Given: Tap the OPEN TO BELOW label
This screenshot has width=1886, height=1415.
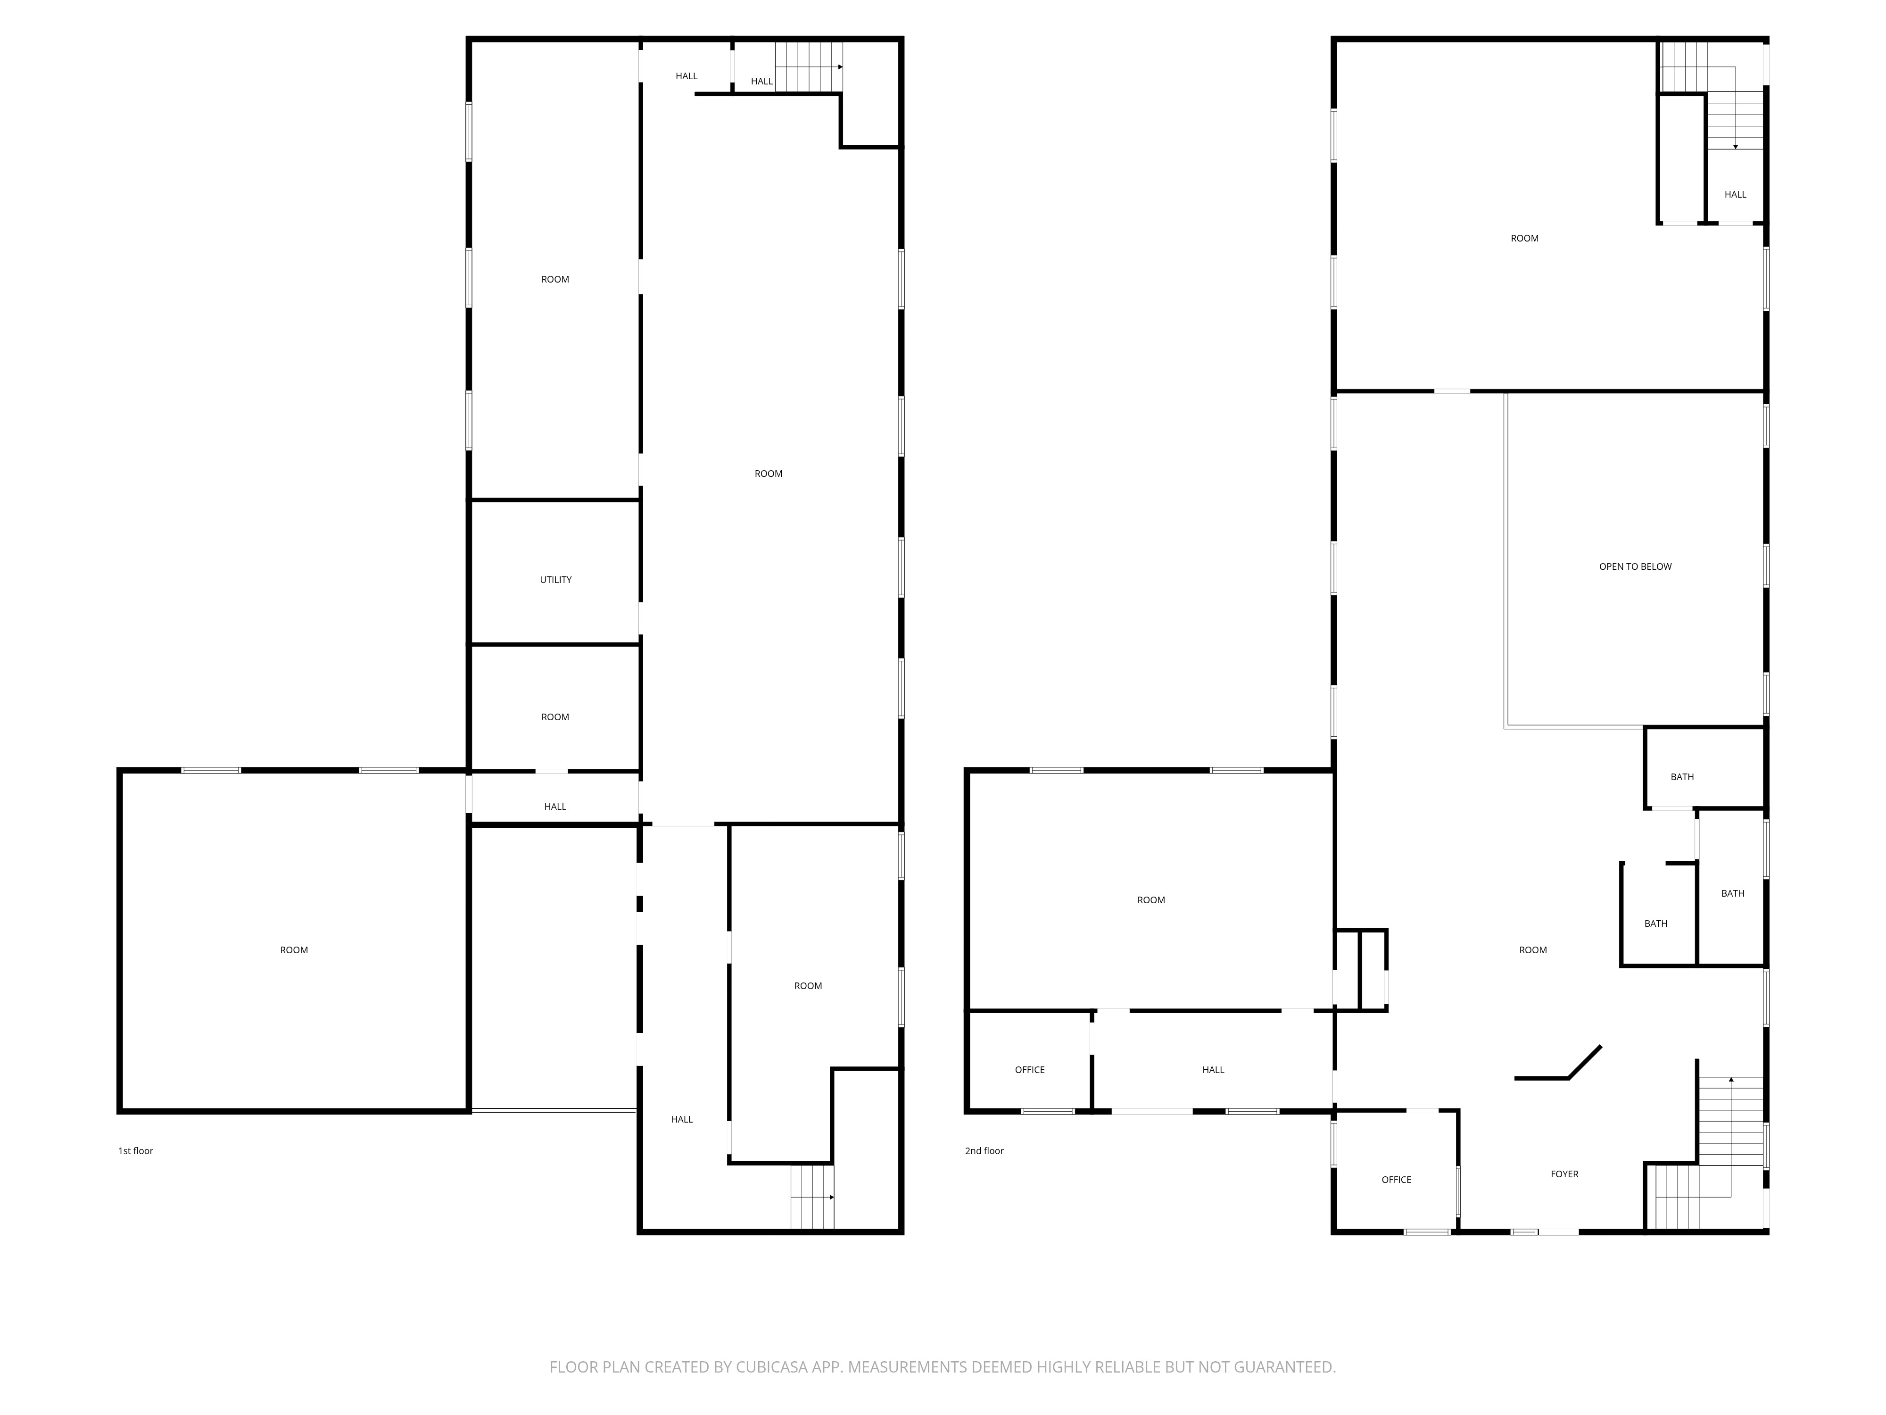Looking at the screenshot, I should tap(1635, 566).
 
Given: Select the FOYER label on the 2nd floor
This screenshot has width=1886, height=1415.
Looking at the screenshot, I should tap(1563, 1174).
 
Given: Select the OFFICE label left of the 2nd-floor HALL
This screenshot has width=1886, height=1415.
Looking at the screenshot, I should tap(1029, 1070).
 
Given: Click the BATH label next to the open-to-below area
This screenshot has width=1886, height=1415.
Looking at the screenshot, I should tap(1681, 777).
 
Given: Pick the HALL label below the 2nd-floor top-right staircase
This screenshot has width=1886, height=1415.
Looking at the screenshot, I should tap(1734, 194).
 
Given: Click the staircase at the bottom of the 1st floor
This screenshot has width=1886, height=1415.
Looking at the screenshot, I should tap(812, 1198).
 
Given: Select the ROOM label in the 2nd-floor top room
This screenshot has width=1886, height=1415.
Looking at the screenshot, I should tap(1523, 239).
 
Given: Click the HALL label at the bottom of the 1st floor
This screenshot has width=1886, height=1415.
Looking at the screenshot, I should tap(681, 1120).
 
